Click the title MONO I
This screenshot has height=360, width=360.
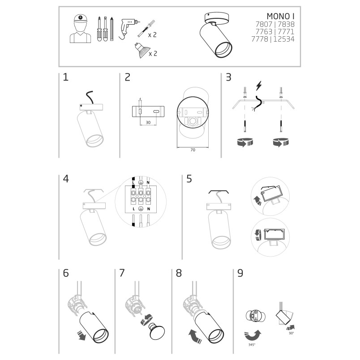pyautogui.click(x=280, y=16)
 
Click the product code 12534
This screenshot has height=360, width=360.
pyautogui.click(x=284, y=39)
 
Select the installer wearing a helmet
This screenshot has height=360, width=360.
pyautogui.click(x=80, y=29)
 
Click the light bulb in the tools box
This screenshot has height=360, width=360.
pyautogui.click(x=141, y=50)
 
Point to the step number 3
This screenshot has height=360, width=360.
pyautogui.click(x=228, y=77)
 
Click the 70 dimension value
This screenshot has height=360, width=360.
pyautogui.click(x=193, y=150)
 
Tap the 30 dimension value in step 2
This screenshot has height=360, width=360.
pyautogui.click(x=148, y=123)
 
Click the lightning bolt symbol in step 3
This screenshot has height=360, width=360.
pyautogui.click(x=259, y=86)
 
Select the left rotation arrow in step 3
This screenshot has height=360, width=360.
pyautogui.click(x=245, y=142)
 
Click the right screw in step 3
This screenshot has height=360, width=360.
pyautogui.click(x=281, y=126)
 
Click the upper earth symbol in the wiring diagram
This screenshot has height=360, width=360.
pyautogui.click(x=141, y=183)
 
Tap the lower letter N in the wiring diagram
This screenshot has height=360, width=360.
pyautogui.click(x=149, y=209)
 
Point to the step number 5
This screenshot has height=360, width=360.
pyautogui.click(x=189, y=179)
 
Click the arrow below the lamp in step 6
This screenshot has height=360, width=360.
pyautogui.click(x=81, y=335)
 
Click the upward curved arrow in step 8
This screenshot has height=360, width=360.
pyautogui.click(x=195, y=336)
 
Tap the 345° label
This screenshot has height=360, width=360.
pyautogui.click(x=252, y=345)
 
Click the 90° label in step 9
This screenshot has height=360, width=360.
pyautogui.click(x=291, y=333)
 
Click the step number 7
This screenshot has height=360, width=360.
pyautogui.click(x=122, y=273)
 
